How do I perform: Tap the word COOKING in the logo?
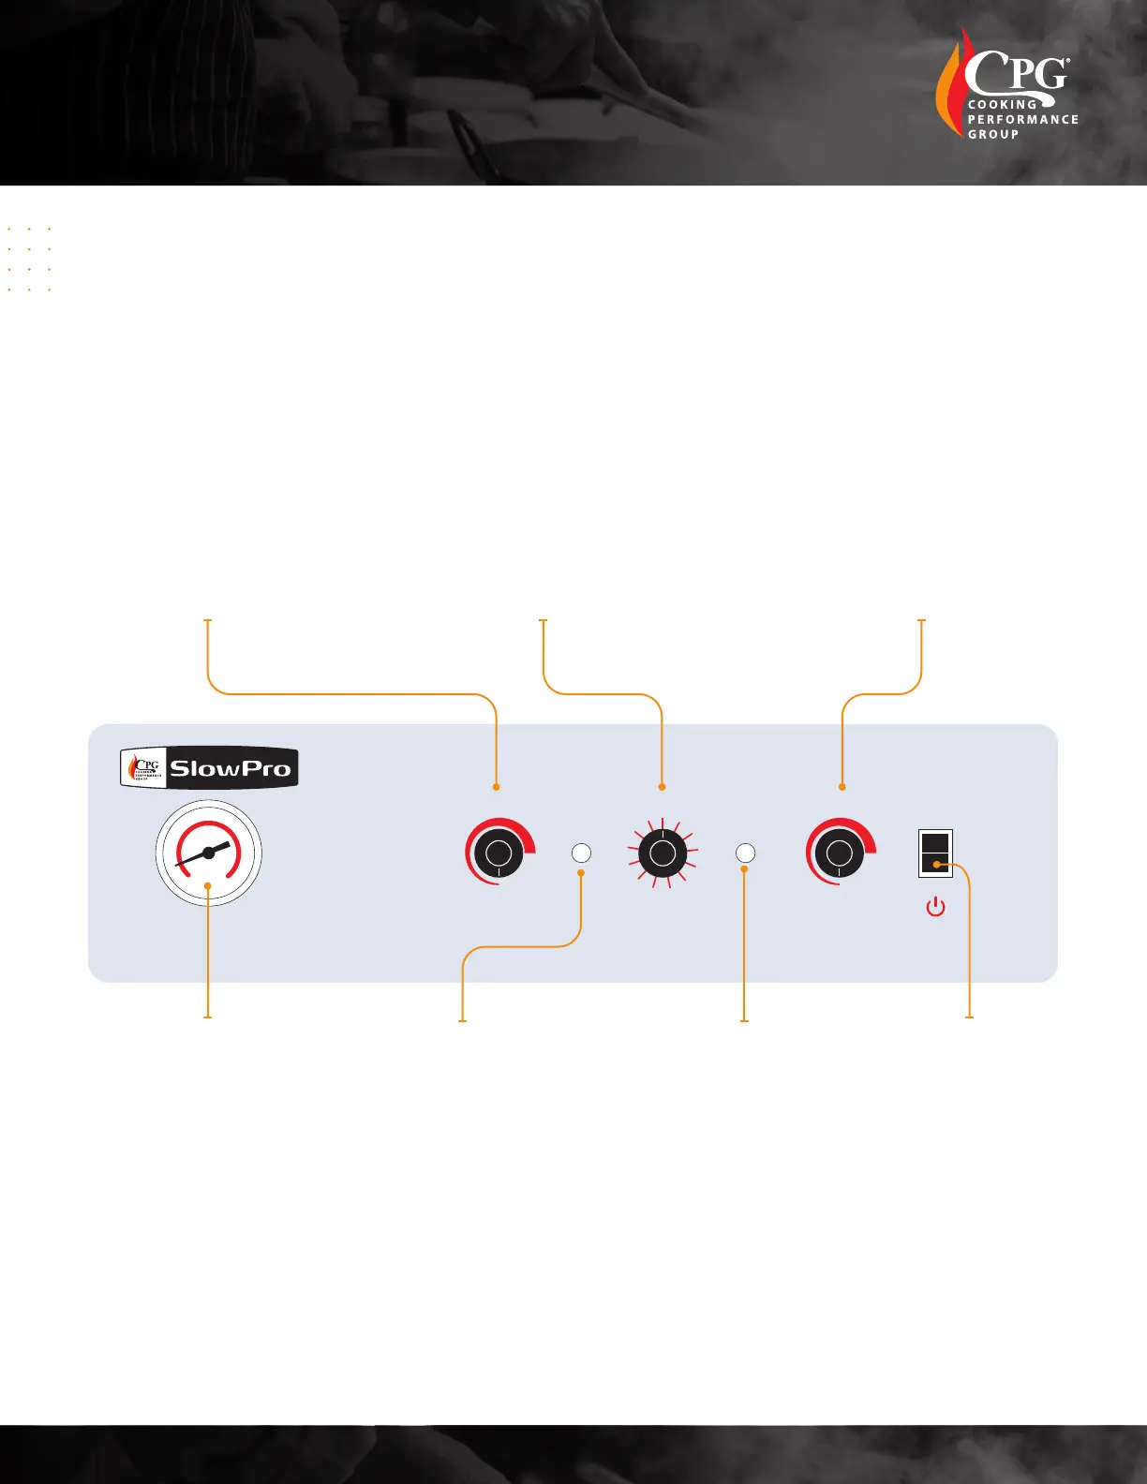coord(1002,105)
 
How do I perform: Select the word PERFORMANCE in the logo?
coord(1022,120)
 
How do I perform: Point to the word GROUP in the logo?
coord(992,135)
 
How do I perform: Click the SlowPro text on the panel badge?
coord(230,769)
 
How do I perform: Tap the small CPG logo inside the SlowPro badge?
coord(144,768)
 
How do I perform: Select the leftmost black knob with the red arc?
coord(499,853)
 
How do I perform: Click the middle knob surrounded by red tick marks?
coord(663,853)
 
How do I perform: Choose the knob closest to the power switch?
coord(839,853)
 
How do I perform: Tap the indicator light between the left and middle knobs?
coord(581,853)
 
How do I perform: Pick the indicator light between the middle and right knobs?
coord(745,853)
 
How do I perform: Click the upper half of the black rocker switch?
coord(935,841)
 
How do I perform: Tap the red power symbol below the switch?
coord(935,907)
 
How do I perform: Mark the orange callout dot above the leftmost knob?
coord(496,787)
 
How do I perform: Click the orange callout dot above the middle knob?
coord(663,787)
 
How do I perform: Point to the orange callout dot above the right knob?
coord(842,787)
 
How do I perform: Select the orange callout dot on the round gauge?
coord(207,884)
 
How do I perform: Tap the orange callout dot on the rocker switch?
coord(936,865)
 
